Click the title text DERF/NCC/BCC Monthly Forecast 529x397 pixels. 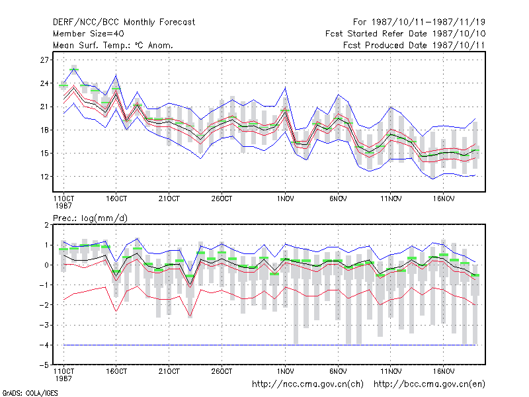coord(124,22)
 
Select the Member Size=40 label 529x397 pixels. coord(89,34)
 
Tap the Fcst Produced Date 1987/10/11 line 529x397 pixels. coord(414,45)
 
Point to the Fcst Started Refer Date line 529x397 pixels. coord(405,34)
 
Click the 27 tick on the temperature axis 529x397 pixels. coord(44,60)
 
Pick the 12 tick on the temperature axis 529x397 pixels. coord(44,177)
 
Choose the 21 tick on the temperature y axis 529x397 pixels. coord(44,107)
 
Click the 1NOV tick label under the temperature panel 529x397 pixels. coord(286,199)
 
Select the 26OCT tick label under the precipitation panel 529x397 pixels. coord(222,371)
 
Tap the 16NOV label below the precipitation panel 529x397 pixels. coord(443,371)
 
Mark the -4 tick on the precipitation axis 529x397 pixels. coord(44,345)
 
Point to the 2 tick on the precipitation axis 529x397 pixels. coord(46,225)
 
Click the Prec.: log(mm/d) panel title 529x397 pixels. coord(90,218)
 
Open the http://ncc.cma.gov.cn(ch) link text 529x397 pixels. coord(307,384)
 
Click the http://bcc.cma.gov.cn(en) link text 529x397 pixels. coord(429,384)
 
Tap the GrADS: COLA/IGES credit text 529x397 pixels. coord(30,393)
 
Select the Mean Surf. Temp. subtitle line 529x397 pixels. coord(113,45)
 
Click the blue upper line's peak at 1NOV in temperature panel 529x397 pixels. coord(286,88)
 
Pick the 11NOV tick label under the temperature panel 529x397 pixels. coord(391,199)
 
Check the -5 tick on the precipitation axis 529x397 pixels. coord(44,365)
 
